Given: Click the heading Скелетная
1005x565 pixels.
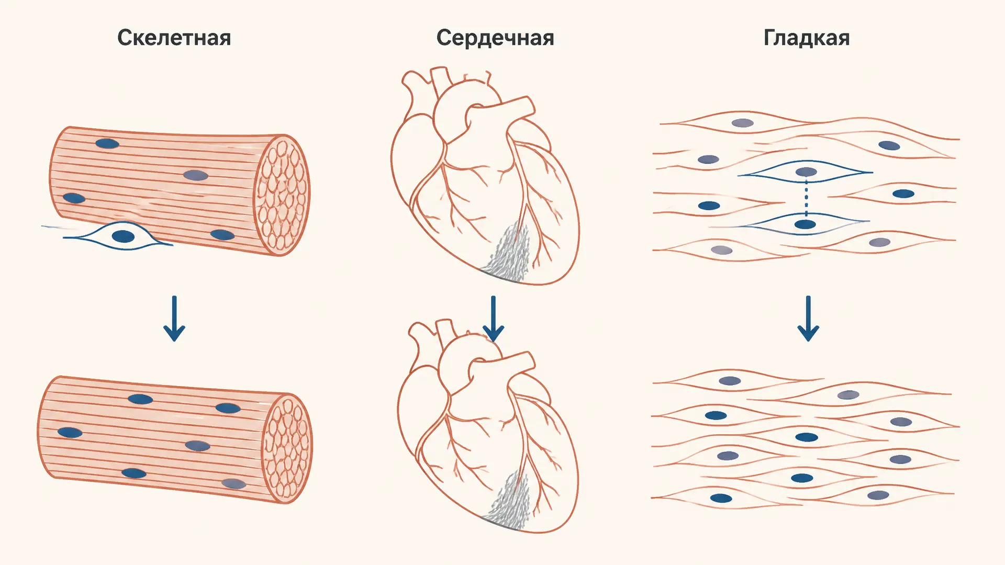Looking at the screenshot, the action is tap(174, 38).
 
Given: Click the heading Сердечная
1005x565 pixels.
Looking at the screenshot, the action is tap(495, 38).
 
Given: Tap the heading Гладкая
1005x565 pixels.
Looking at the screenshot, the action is tap(807, 38).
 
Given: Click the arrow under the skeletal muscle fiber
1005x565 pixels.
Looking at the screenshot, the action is tap(174, 319).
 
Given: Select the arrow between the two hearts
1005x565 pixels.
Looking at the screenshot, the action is tap(493, 319).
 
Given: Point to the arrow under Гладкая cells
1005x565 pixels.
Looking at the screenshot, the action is tap(808, 319).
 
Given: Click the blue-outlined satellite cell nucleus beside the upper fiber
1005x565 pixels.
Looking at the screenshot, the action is tap(124, 236).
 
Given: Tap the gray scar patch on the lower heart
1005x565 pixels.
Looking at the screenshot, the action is tap(507, 500).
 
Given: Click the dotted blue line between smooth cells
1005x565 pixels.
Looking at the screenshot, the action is tap(806, 199).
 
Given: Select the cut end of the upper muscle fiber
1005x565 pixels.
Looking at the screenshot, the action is tap(282, 195).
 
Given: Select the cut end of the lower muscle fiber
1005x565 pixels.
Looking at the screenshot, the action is tap(287, 448).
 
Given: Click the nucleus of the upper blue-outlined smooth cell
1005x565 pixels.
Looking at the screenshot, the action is tap(806, 172).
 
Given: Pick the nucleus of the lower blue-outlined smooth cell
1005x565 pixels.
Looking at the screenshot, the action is tap(805, 224).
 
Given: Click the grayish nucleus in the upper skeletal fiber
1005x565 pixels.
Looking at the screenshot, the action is tap(196, 175).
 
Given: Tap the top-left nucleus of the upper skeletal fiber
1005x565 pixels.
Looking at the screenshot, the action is tap(107, 143).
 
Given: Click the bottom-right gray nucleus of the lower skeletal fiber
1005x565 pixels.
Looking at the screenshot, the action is tap(234, 483).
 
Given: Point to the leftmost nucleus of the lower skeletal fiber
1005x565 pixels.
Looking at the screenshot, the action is tap(70, 433).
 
